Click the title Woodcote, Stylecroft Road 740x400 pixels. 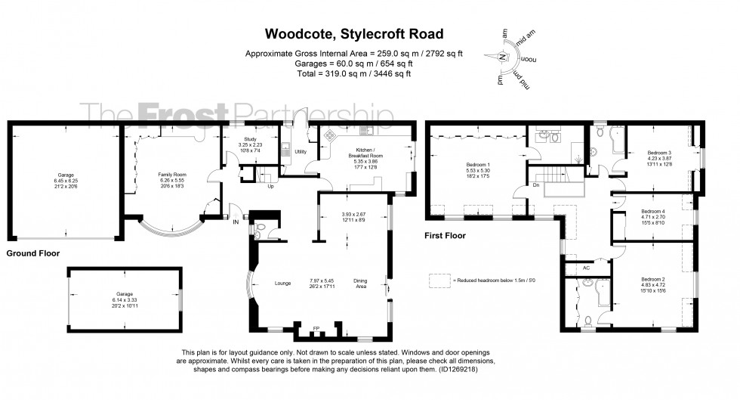[x=353, y=33]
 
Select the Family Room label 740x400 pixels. [x=171, y=173]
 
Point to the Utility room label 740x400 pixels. [x=300, y=151]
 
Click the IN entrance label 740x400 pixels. [x=236, y=222]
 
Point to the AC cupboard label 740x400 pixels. [x=586, y=268]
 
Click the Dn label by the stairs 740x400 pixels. [x=535, y=185]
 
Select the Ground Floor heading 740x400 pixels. [x=32, y=253]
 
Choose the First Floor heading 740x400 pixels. [x=446, y=236]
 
